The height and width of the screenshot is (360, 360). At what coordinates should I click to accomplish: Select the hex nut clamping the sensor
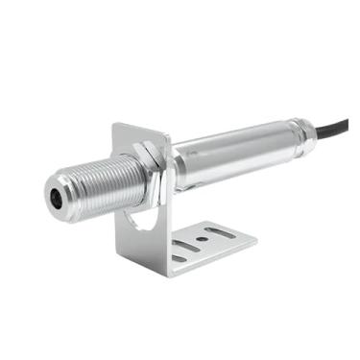click(x=152, y=156)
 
